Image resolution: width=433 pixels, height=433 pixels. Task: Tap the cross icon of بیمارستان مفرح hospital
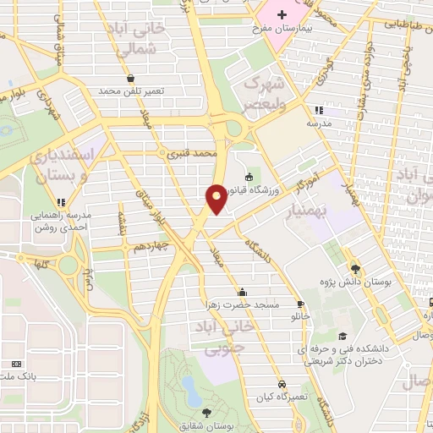(x=282, y=16)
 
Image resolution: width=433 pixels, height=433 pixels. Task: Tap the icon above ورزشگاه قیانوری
(x=249, y=177)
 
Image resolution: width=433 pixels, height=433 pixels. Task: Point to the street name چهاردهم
(x=152, y=245)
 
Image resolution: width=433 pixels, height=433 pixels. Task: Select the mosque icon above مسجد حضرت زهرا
(x=244, y=289)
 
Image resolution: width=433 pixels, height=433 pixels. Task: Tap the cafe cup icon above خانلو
(x=300, y=304)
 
